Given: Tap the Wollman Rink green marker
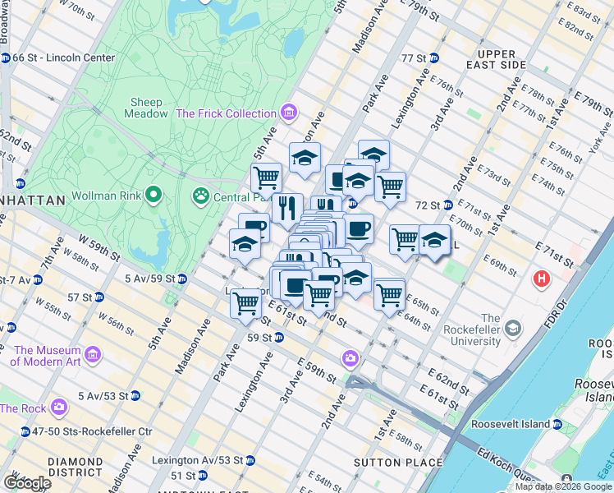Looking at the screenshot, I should (x=153, y=196).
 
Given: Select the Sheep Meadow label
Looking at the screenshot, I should (x=147, y=108).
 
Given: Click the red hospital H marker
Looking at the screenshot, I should (x=541, y=279).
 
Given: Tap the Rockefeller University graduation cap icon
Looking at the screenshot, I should (x=513, y=329).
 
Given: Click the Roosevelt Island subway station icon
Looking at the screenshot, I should (x=557, y=425).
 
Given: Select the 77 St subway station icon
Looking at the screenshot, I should (x=434, y=58).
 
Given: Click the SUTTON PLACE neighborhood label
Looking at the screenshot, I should (x=385, y=463).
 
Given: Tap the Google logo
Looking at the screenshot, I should (x=26, y=482).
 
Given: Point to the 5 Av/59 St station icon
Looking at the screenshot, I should (x=182, y=279).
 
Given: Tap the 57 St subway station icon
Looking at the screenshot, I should (x=99, y=297).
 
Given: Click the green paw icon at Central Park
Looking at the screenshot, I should (x=199, y=196).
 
